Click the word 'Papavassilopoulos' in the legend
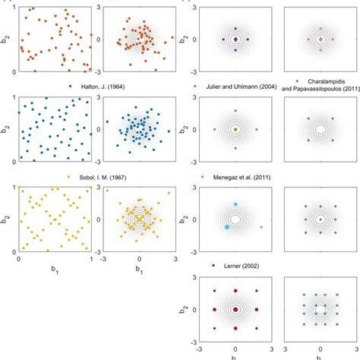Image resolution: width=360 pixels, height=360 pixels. pyautogui.click(x=324, y=89)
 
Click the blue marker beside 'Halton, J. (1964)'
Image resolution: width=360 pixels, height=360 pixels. pyautogui.click(x=71, y=87)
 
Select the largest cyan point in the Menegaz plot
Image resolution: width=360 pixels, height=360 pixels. pyautogui.click(x=227, y=227)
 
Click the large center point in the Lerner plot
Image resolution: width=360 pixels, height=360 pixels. pyautogui.click(x=235, y=310)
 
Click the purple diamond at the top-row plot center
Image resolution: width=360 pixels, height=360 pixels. pyautogui.click(x=235, y=39)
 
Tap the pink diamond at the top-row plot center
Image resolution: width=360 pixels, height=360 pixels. pyautogui.click(x=321, y=39)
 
